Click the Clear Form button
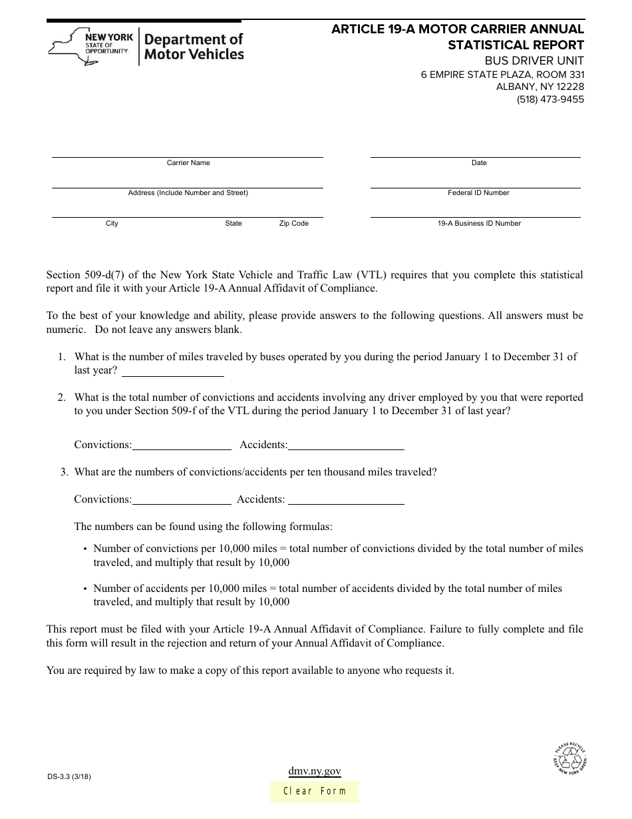(315, 791)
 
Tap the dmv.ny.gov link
(315, 771)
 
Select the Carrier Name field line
(188, 151)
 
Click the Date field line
(475, 151)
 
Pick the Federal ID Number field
(475, 181)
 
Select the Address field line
(188, 181)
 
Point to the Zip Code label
(293, 224)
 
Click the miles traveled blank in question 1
(172, 371)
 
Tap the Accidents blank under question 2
(346, 445)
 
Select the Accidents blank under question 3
(346, 499)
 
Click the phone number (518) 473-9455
(550, 99)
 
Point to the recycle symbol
(570, 758)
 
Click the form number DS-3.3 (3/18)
(74, 776)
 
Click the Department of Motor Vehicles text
(194, 47)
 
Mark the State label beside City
(234, 224)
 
